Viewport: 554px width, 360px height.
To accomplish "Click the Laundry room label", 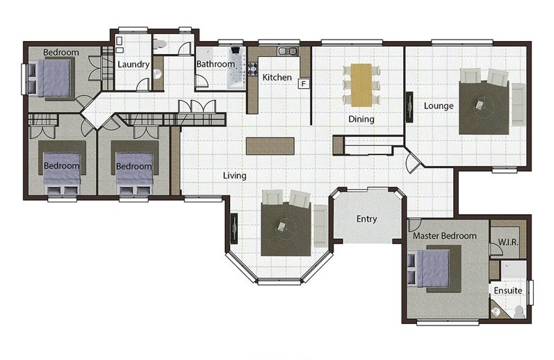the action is coord(133,65).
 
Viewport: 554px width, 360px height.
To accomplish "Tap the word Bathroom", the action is coord(215,64).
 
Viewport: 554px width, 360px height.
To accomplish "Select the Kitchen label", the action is coord(277,77).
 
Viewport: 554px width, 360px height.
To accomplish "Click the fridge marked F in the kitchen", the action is coord(304,83).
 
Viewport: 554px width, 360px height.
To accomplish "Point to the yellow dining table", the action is coord(361,85).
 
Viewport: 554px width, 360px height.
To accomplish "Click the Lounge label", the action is coord(439,106).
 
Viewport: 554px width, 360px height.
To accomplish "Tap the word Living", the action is coord(235,176).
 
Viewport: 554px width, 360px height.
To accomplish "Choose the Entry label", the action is coord(367,219).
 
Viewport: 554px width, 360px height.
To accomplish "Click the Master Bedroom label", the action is coord(444,236).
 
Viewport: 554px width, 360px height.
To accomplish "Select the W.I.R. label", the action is coord(508,243).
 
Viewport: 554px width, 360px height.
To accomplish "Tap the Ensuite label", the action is coord(508,291).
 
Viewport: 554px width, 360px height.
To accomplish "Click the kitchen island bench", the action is coord(270,146).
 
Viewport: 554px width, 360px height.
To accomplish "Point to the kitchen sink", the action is coord(288,51).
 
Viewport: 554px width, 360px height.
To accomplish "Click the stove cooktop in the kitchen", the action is coord(252,69).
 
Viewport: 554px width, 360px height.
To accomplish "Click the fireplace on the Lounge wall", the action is coord(409,107).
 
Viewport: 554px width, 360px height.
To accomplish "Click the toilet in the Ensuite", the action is coord(519,311).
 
